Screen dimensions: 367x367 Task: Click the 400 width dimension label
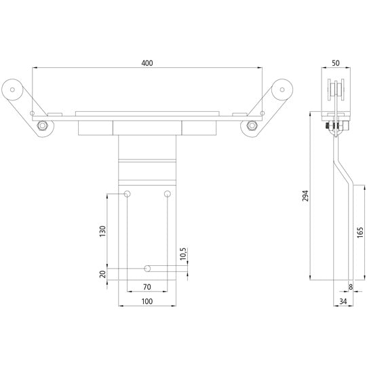tap(147, 62)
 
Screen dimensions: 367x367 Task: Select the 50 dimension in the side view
tap(336, 62)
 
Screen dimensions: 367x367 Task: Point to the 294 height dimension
tap(305, 197)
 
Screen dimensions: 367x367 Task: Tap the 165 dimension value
tap(359, 232)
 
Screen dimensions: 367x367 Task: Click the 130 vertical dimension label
tap(102, 231)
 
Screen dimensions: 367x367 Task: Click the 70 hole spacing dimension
tap(147, 288)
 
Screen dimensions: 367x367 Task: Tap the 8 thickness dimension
tap(349, 288)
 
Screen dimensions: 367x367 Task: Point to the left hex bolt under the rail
tap(43, 125)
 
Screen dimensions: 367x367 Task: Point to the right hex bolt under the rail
tap(252, 125)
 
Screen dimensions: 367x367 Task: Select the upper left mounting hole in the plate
tap(127, 195)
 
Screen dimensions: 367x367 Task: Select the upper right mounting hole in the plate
tap(168, 195)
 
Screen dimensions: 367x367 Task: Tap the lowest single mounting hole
tap(147, 268)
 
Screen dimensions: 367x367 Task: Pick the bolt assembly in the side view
tap(334, 125)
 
